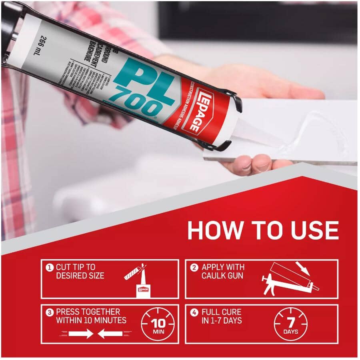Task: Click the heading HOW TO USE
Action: tap(263, 230)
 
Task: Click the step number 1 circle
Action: tap(50, 267)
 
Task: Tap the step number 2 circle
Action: tap(194, 267)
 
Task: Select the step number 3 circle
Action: tap(50, 312)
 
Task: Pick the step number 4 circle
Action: tap(194, 312)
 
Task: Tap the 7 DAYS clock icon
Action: tap(291, 324)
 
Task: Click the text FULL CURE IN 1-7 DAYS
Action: tap(222, 316)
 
